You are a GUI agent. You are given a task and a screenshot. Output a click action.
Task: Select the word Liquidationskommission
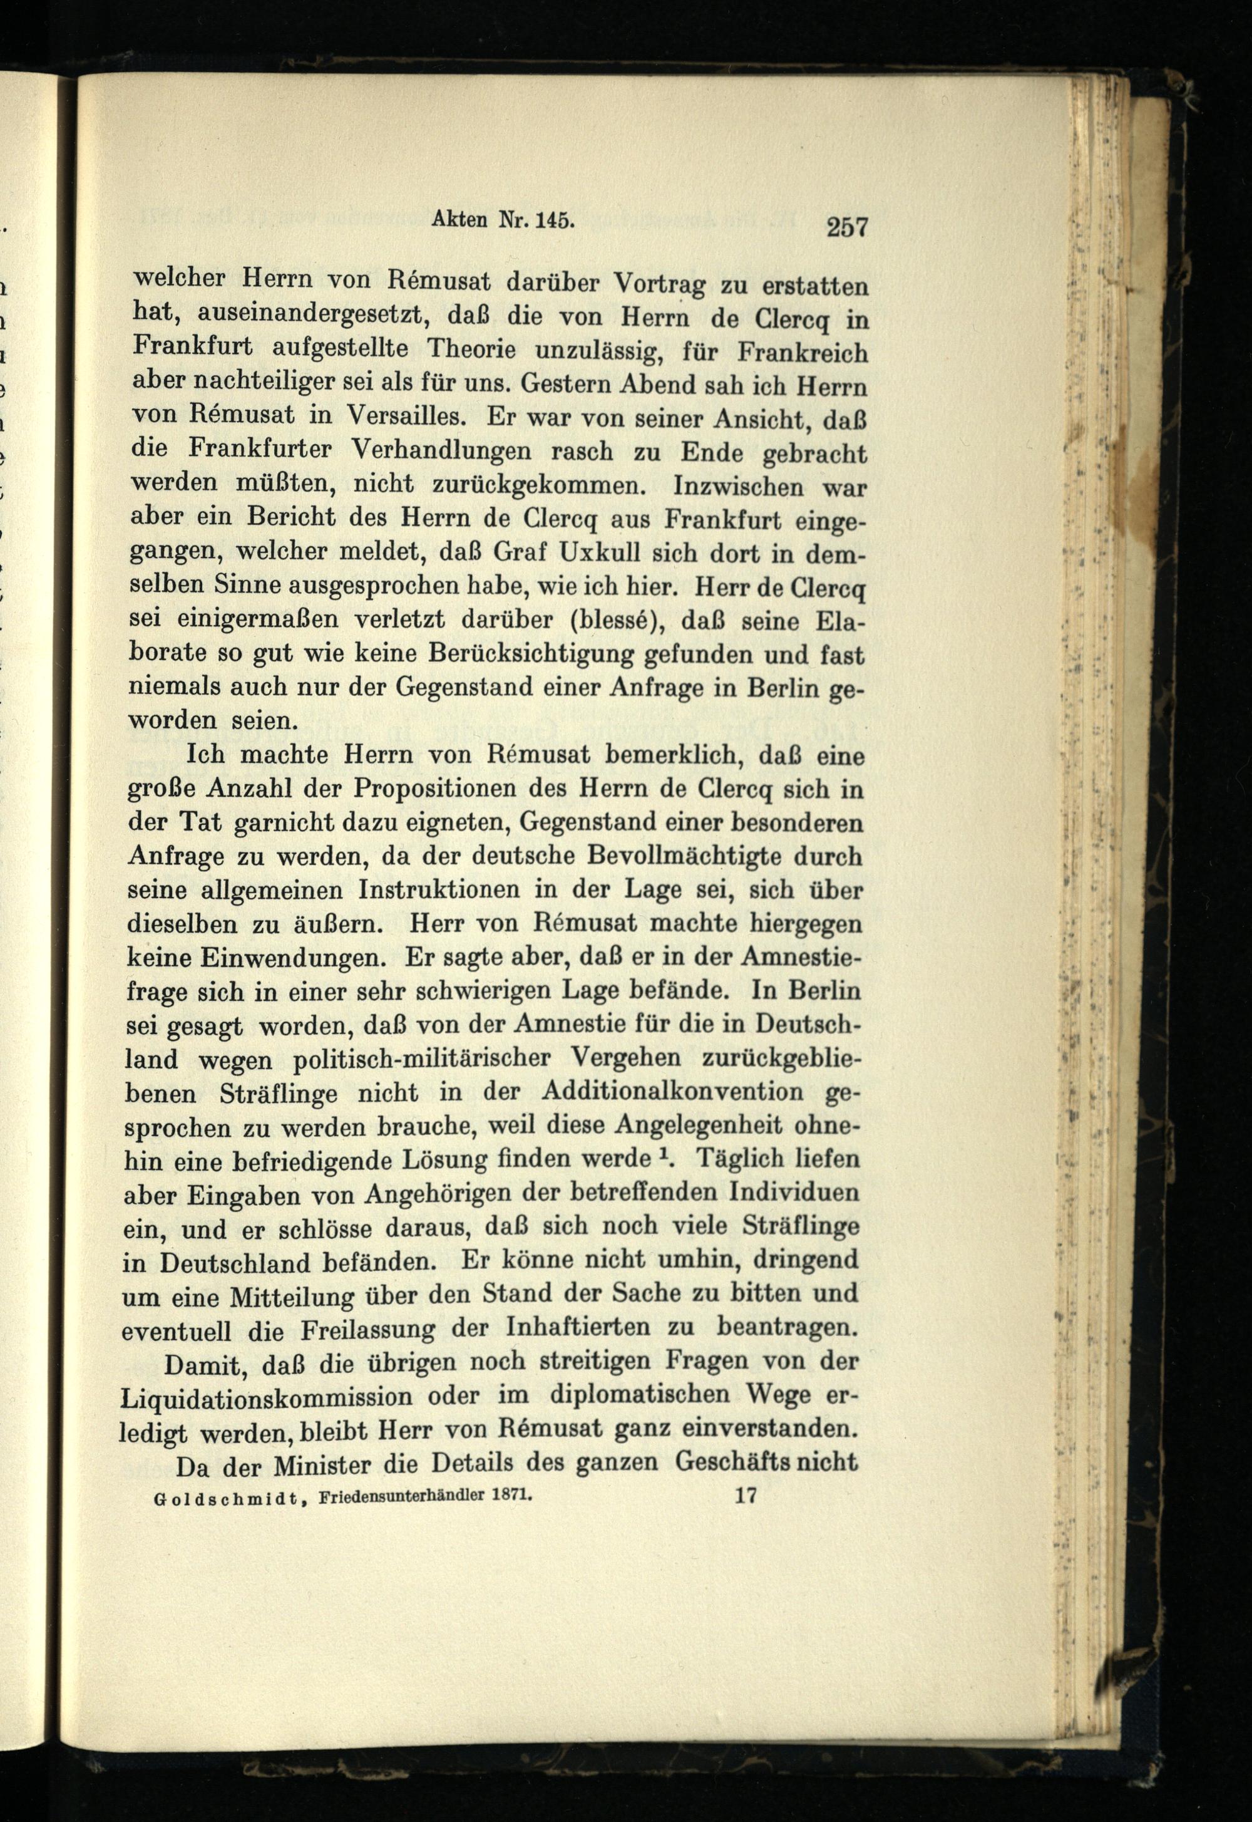click(269, 1397)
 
